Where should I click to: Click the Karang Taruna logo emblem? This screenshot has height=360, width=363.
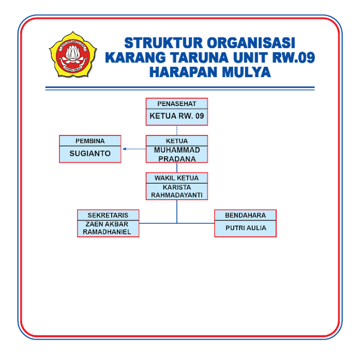(72, 54)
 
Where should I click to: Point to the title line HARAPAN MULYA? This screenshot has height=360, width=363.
(209, 73)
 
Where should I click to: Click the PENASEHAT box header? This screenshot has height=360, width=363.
(176, 104)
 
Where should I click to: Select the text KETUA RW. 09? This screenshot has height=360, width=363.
(176, 117)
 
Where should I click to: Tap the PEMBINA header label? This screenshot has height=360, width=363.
(90, 141)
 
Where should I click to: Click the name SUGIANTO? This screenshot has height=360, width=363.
(90, 154)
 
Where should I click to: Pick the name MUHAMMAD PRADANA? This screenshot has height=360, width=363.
(176, 154)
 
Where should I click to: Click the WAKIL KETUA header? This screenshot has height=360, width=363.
(176, 178)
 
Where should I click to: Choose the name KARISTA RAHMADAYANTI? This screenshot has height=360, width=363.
(176, 191)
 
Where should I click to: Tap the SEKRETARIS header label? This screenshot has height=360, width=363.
(108, 215)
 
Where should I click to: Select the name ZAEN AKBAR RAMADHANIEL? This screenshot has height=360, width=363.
(108, 228)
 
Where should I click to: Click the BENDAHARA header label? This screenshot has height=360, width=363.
(245, 215)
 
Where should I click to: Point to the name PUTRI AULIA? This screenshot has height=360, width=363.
(245, 228)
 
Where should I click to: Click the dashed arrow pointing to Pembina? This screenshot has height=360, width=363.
(134, 149)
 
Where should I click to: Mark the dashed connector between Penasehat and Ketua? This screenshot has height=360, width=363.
(176, 130)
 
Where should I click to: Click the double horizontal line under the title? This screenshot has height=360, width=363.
(180, 88)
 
